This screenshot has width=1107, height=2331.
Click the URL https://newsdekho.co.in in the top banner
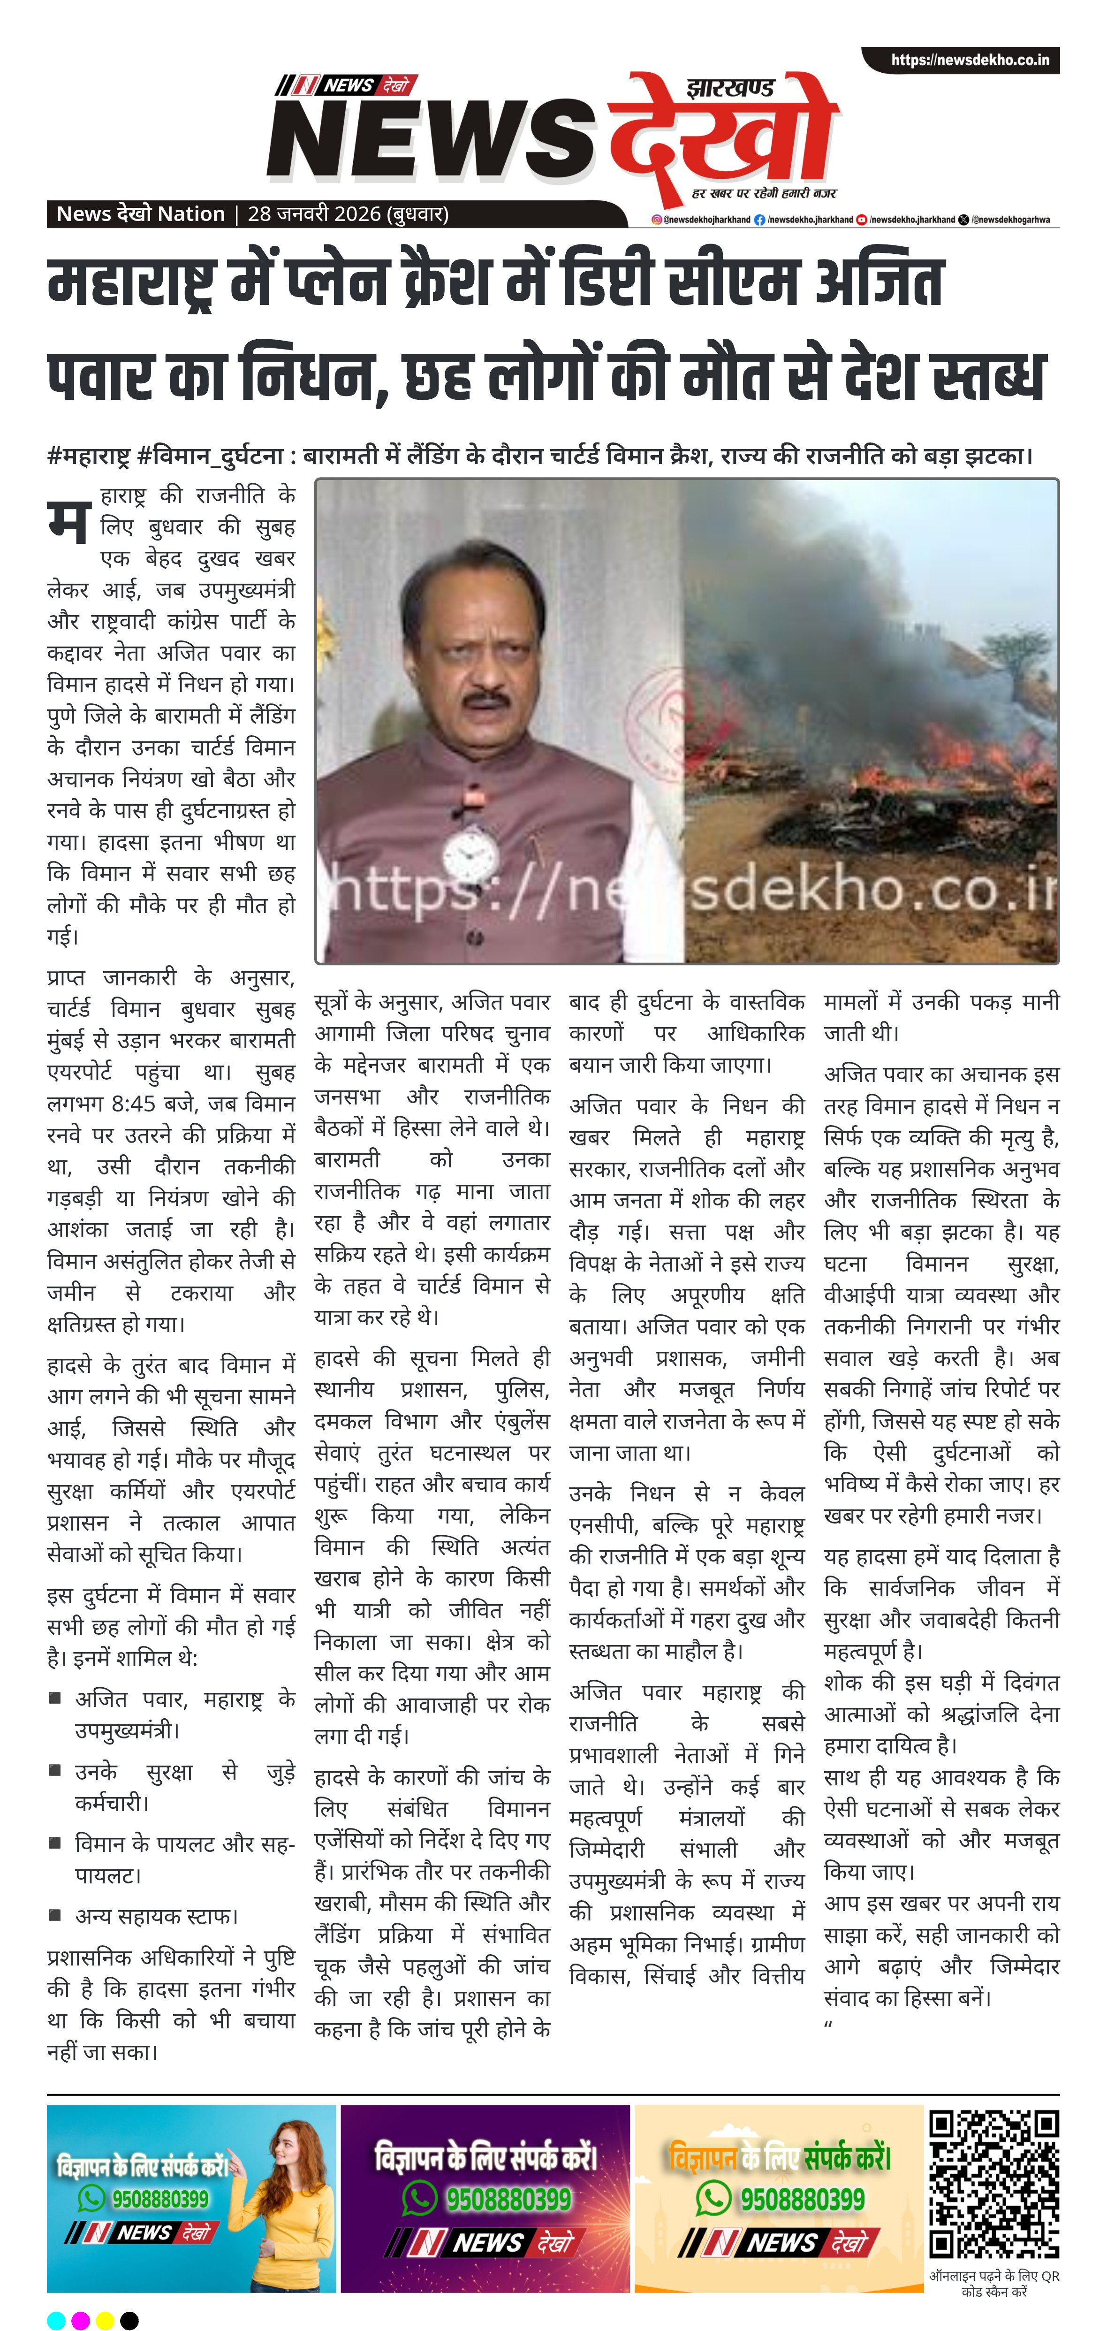pos(970,61)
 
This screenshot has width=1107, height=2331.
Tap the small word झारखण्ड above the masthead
pos(730,89)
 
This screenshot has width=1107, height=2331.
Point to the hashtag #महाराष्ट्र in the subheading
pos(89,455)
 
